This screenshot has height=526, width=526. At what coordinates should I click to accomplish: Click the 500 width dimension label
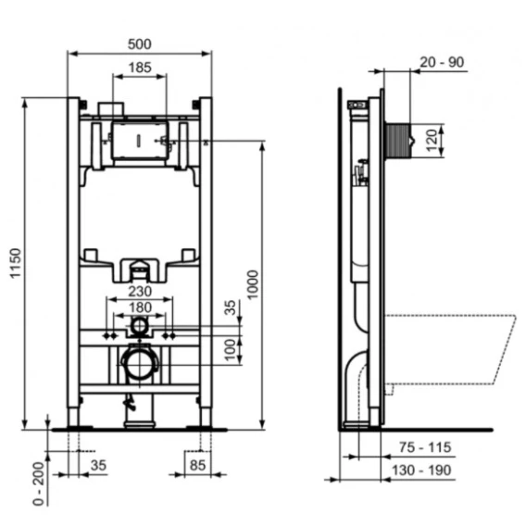tap(140, 44)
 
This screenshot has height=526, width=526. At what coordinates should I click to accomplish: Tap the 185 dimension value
tap(140, 68)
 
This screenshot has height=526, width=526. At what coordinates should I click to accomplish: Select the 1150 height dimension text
tap(16, 263)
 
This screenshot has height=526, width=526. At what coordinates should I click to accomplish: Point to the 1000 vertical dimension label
tap(252, 284)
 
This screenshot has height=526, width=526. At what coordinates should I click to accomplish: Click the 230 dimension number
tap(140, 292)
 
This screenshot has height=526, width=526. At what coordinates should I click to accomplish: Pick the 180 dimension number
tap(140, 307)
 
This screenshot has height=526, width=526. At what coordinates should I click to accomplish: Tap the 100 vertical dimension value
tap(230, 350)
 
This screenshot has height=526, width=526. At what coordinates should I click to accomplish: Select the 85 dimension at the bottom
tap(197, 466)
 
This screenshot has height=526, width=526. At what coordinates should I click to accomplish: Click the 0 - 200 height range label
tap(39, 483)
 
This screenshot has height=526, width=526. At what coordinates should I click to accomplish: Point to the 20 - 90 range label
tap(442, 62)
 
